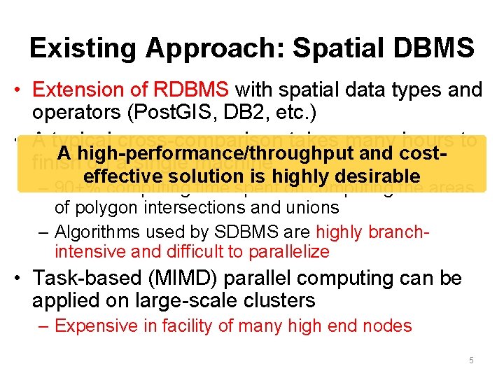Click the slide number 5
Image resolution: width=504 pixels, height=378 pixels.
click(471, 360)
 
